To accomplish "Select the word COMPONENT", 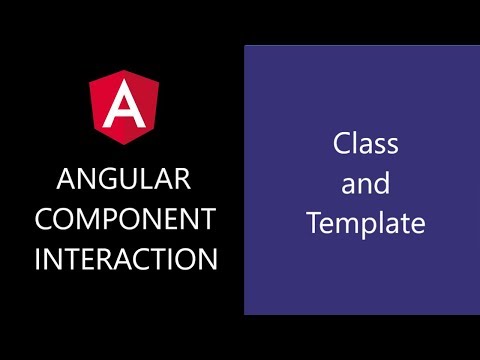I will click(x=125, y=220).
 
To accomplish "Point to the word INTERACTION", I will click(x=125, y=259).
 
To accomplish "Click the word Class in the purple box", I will click(x=365, y=144).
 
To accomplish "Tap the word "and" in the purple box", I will click(x=365, y=184).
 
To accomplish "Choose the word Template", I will click(x=365, y=224).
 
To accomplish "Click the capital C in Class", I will click(x=341, y=144).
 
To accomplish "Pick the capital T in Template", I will click(x=313, y=223).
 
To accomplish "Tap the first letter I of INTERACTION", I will click(x=39, y=259).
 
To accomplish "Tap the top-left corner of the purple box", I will click(x=245, y=45).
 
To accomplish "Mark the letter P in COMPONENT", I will click(x=123, y=220).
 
